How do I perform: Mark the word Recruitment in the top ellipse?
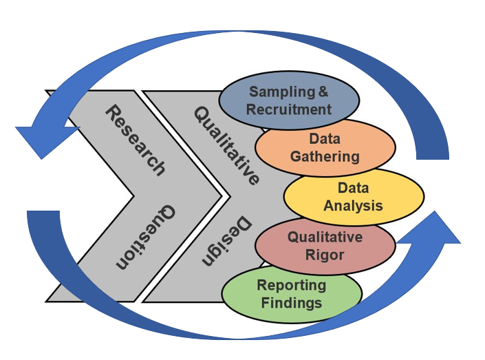click(x=289, y=109)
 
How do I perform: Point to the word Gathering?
click(x=325, y=156)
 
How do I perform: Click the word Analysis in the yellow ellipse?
click(x=354, y=205)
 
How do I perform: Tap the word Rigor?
click(x=325, y=255)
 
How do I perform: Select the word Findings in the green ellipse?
click(x=291, y=303)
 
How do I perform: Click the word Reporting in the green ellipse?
click(x=291, y=286)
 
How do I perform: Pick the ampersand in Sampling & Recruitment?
click(x=321, y=92)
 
